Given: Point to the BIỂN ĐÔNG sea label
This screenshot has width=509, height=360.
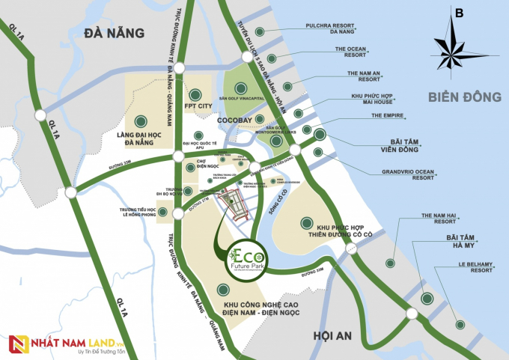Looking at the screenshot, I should coord(465,97).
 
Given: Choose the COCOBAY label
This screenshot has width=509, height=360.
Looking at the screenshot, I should coord(235,119).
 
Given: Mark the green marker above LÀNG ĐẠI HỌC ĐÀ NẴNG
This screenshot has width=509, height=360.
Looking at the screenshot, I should coord(140,120).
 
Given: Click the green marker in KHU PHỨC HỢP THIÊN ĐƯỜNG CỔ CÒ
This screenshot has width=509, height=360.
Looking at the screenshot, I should coord(305,222).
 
